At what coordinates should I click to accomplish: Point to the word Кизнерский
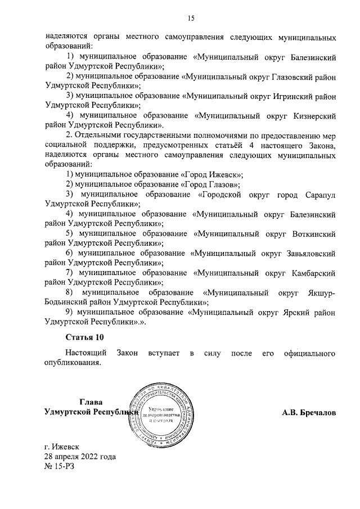pos(313,115)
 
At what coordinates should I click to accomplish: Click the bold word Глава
pos(91,402)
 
